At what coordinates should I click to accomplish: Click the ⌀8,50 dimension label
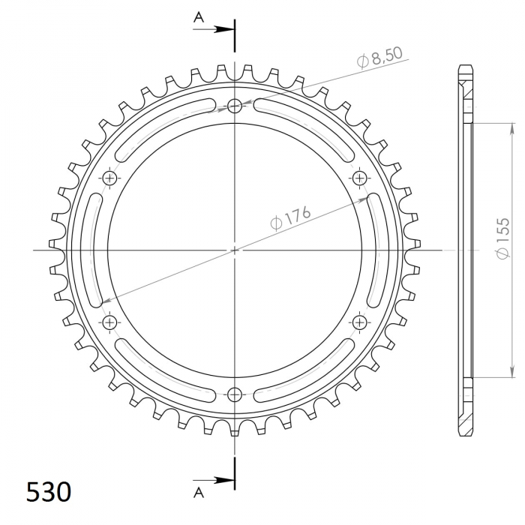pyautogui.click(x=379, y=58)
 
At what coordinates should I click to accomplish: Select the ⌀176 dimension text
pyautogui.click(x=291, y=218)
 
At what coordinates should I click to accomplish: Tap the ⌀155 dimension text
pyautogui.click(x=503, y=238)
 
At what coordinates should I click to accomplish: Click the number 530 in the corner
pyautogui.click(x=49, y=492)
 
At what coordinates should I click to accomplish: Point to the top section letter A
pyautogui.click(x=199, y=17)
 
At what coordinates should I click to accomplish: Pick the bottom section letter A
pyautogui.click(x=199, y=493)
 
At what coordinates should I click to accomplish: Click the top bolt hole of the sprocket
pyautogui.click(x=234, y=106)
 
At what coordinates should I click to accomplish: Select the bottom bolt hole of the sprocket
pyautogui.click(x=234, y=394)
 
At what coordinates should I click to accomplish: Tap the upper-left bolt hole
pyautogui.click(x=109, y=178)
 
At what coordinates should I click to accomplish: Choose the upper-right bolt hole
pyautogui.click(x=359, y=178)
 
